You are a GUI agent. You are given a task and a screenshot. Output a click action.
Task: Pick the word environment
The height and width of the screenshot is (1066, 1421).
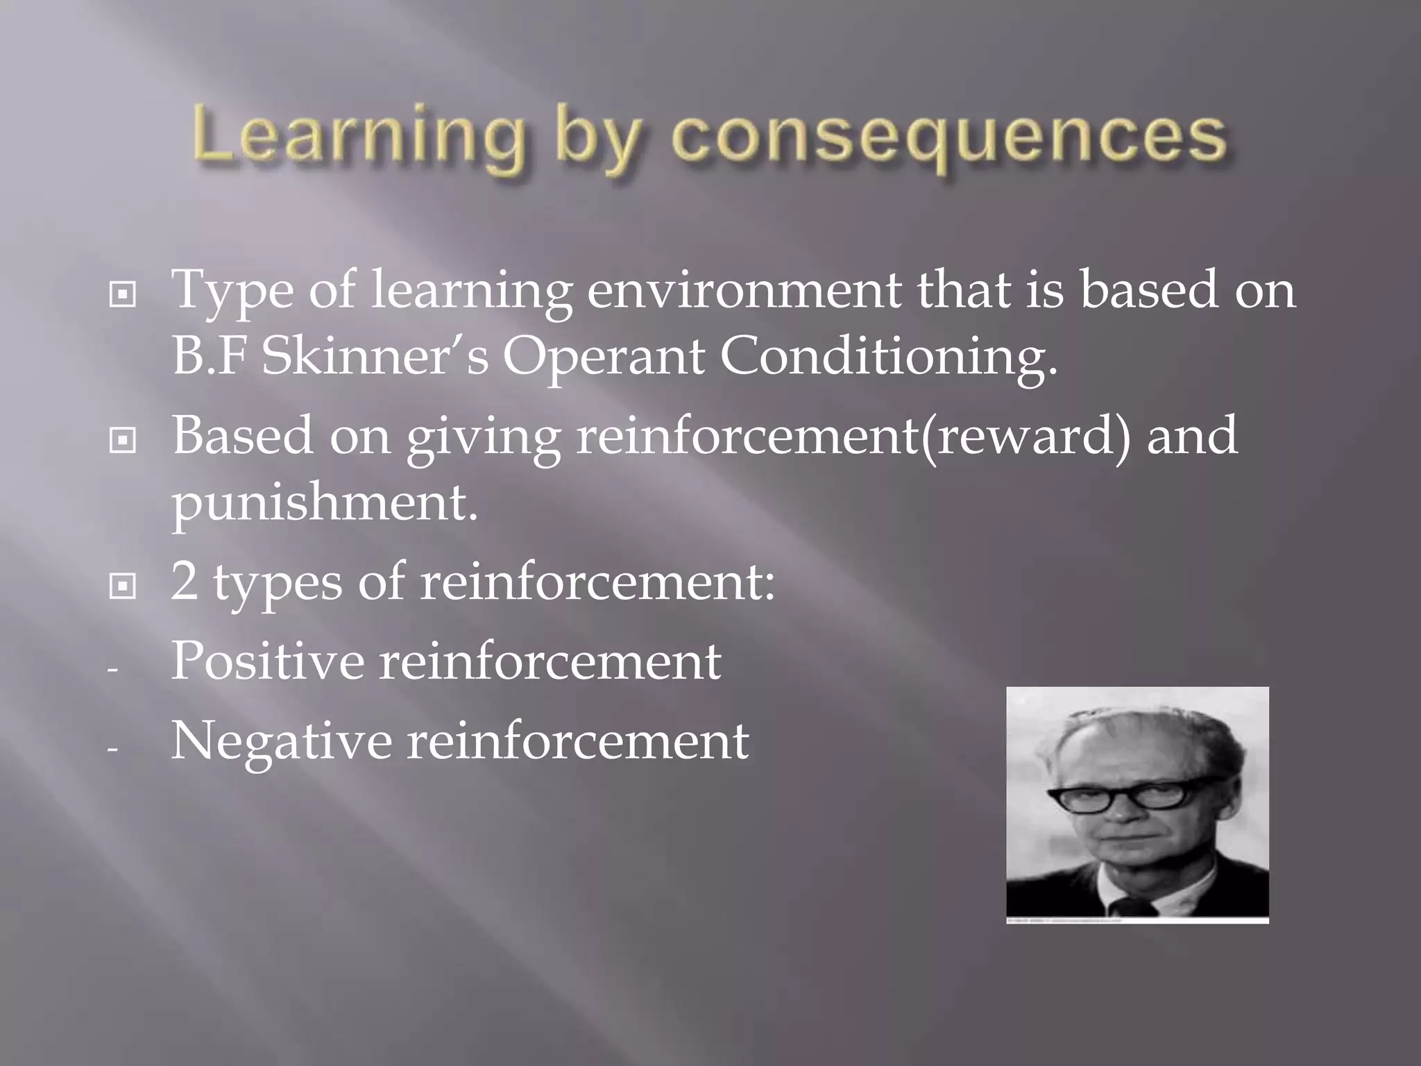[744, 290]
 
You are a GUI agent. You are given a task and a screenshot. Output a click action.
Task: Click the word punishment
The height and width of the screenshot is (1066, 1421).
[324, 503]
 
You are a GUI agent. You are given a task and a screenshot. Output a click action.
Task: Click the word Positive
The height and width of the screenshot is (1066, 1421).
[267, 661]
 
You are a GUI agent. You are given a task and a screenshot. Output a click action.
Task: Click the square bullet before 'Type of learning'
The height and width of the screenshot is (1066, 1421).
[123, 296]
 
